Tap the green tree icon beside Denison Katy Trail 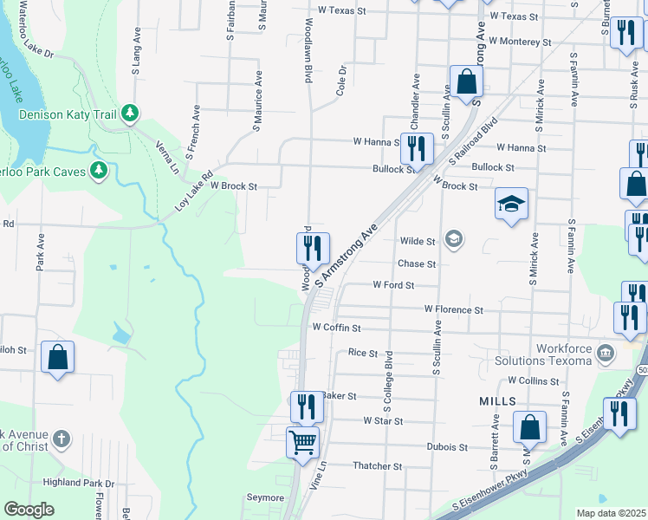click(130, 113)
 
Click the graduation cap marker click(511, 205)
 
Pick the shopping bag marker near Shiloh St click(57, 357)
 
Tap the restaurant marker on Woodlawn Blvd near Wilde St click(313, 248)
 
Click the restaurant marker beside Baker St click(305, 406)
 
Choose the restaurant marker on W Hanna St click(417, 148)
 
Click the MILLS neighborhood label click(497, 402)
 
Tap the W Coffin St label click(336, 328)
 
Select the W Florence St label click(453, 309)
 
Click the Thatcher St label click(378, 466)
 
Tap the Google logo click(29, 510)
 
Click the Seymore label click(265, 497)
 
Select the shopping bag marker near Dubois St click(529, 427)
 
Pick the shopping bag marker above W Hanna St click(466, 81)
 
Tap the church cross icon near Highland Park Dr click(61, 439)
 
